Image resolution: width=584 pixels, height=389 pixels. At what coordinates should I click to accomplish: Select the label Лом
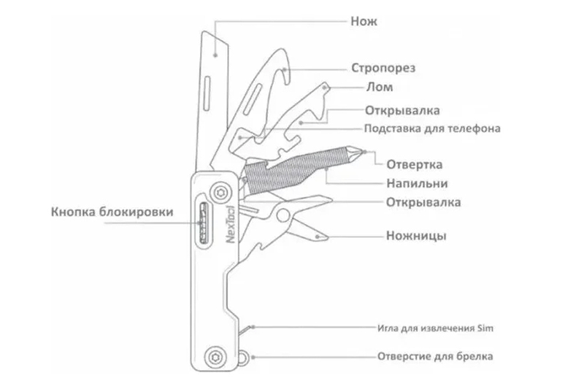(x=379, y=88)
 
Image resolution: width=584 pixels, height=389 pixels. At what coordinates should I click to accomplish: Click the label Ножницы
(x=416, y=236)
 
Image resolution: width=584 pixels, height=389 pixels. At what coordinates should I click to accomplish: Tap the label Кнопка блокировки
(x=113, y=212)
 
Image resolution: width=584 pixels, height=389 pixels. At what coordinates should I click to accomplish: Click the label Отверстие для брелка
(x=435, y=357)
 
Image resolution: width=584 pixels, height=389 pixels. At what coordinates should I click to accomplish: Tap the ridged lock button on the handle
(x=202, y=223)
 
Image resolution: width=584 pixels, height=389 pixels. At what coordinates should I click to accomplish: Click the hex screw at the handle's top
(x=217, y=192)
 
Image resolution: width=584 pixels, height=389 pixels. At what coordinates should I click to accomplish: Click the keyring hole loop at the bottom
(x=243, y=358)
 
